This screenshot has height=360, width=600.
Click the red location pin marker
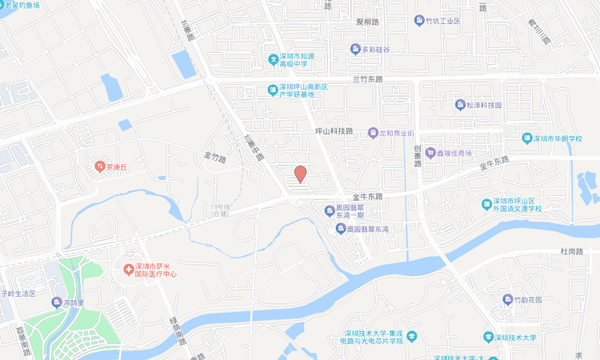pos(301,174)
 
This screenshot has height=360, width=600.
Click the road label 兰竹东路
pos(368,79)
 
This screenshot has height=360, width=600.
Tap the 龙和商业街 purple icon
pos(372,133)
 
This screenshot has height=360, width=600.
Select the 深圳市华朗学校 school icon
pos(526,138)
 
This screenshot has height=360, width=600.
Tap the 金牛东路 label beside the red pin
pos(367,196)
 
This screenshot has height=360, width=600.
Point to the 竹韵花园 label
pos(527,300)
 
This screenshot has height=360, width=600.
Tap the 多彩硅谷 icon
pos(355,50)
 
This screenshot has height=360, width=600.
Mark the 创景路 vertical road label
pos(417,154)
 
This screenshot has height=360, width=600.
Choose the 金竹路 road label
pos(215,158)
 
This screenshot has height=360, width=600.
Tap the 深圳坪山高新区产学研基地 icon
pos(272,90)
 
